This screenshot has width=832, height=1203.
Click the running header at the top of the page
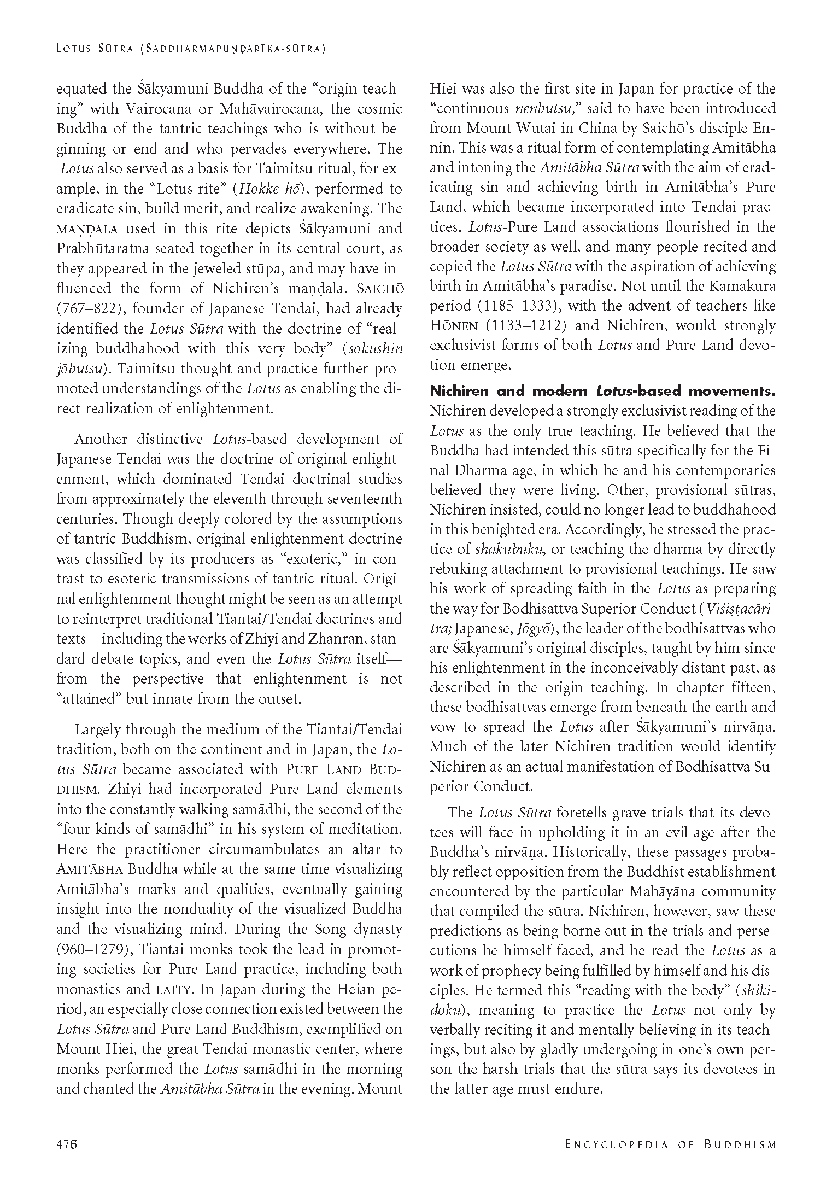(x=191, y=49)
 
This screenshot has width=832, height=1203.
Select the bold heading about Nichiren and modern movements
(x=602, y=391)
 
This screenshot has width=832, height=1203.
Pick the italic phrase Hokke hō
(x=267, y=189)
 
